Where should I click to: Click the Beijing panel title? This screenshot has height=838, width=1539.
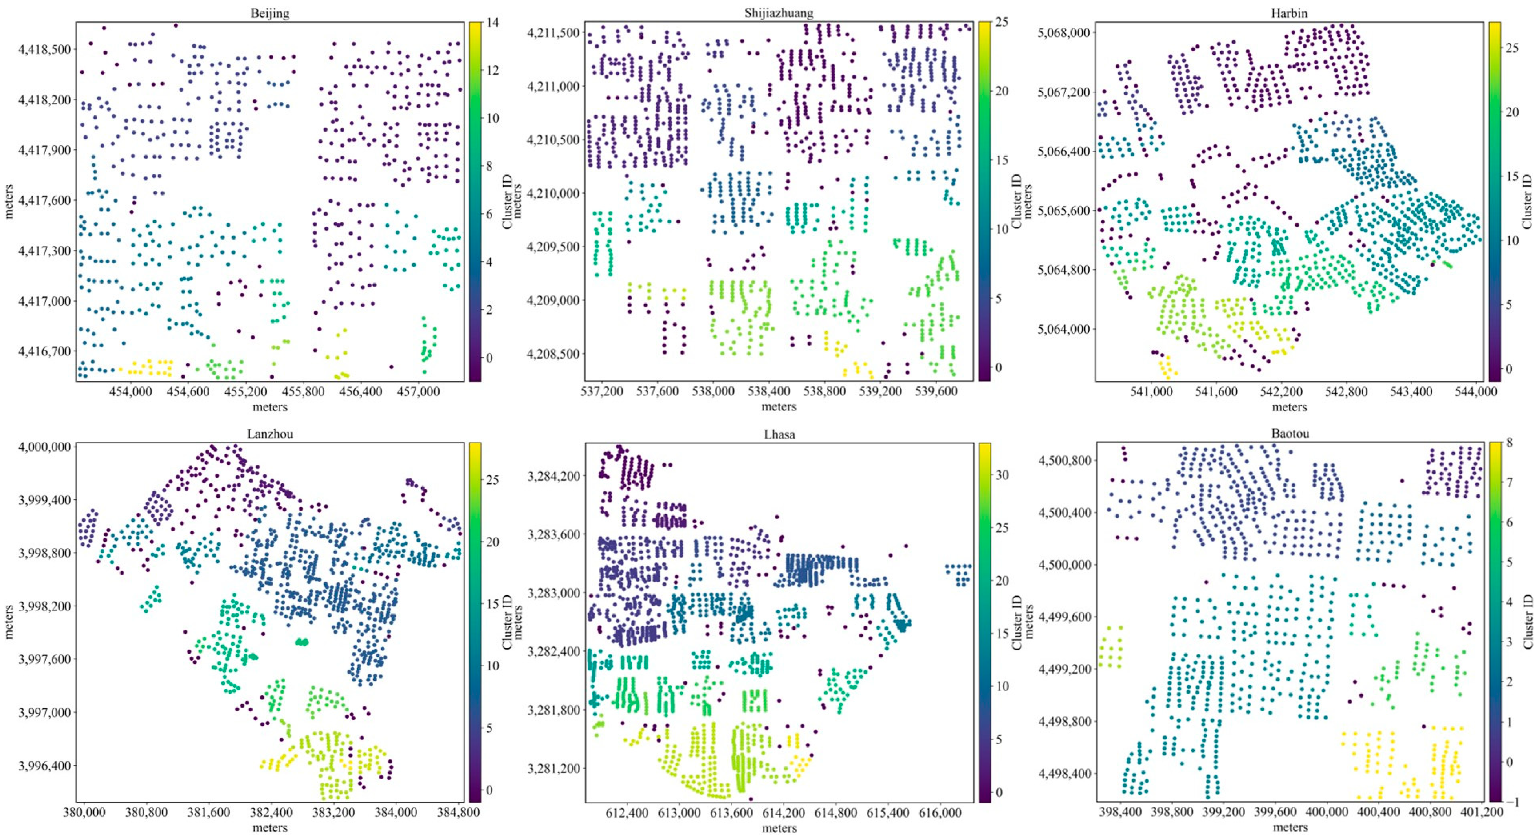[x=270, y=14]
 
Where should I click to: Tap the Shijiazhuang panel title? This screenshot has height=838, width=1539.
[x=779, y=13]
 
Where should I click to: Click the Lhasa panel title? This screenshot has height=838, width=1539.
[x=779, y=434]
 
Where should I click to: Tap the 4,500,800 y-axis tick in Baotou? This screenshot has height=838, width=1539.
[x=1063, y=460]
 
